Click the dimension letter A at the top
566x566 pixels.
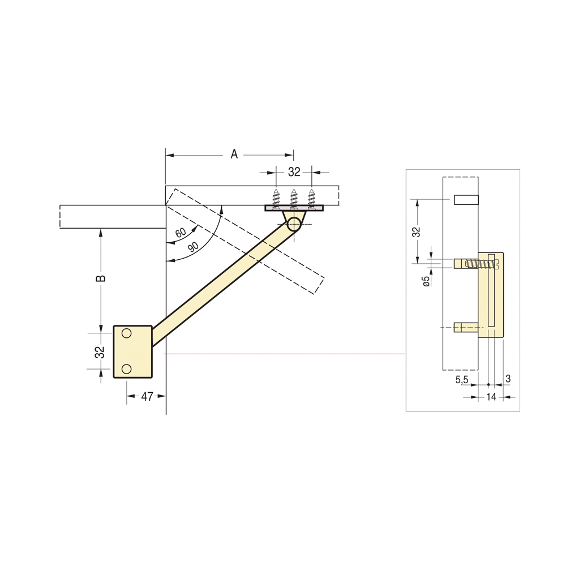pyautogui.click(x=234, y=155)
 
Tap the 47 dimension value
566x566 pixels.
pyautogui.click(x=147, y=396)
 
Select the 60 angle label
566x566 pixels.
pyautogui.click(x=181, y=233)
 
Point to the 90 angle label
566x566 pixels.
pyautogui.click(x=193, y=247)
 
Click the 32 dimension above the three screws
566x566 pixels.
pyautogui.click(x=294, y=172)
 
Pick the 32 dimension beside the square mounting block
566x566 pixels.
pyautogui.click(x=100, y=352)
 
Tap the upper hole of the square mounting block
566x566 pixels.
pyautogui.click(x=126, y=333)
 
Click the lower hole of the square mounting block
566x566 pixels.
pyautogui.click(x=126, y=369)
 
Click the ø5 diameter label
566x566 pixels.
pyautogui.click(x=426, y=281)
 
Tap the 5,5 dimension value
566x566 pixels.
pyautogui.click(x=462, y=379)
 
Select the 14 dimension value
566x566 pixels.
pyautogui.click(x=491, y=397)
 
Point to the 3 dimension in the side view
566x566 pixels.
pyautogui.click(x=508, y=379)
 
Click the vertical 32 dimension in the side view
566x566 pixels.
pyautogui.click(x=417, y=231)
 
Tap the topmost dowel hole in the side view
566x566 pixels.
pyautogui.click(x=466, y=200)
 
